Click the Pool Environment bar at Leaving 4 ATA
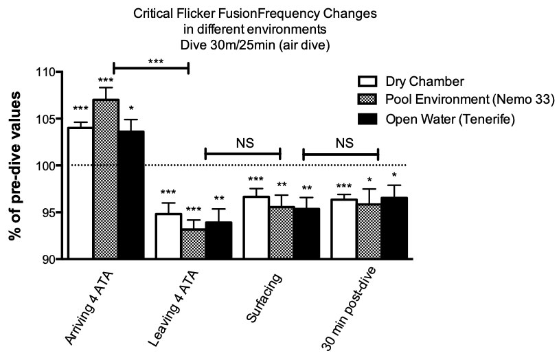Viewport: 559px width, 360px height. [x=194, y=243]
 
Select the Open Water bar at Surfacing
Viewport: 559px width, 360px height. [x=306, y=234]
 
